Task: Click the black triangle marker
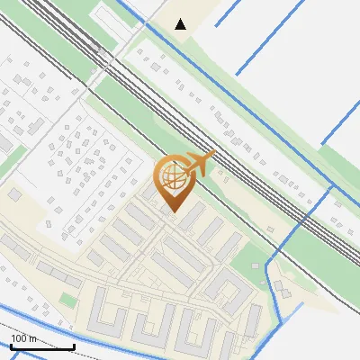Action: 181,23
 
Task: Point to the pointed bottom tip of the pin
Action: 173,211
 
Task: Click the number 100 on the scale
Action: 18,338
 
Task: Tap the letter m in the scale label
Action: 32,338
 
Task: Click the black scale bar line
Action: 41,346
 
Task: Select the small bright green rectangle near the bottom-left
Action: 67,298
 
